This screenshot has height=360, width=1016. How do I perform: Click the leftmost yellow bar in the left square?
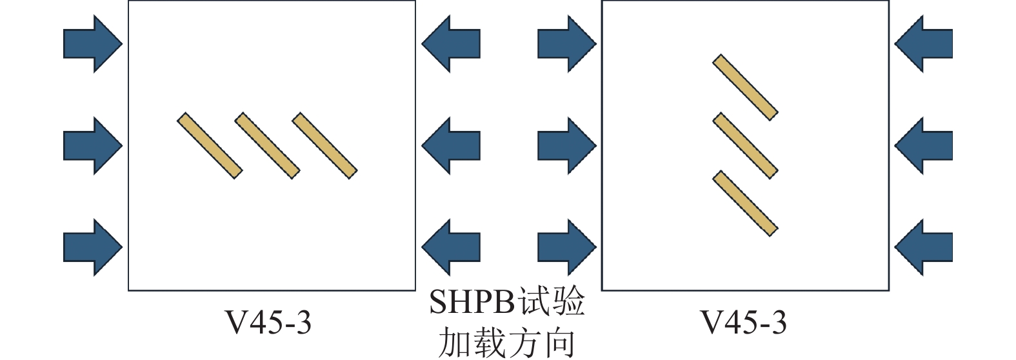pos(210,146)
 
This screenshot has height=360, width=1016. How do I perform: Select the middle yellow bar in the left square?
pos(267,146)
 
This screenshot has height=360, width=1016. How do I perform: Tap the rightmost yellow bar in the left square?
pos(324,146)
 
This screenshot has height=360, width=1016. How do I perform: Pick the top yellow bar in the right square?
pos(745,87)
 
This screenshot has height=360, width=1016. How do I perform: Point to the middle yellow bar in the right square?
pos(745,146)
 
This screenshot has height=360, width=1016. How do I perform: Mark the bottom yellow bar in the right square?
pos(745,203)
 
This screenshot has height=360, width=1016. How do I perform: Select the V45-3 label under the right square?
pos(744,322)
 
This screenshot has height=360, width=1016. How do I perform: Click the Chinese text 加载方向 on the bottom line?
pos(506,343)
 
